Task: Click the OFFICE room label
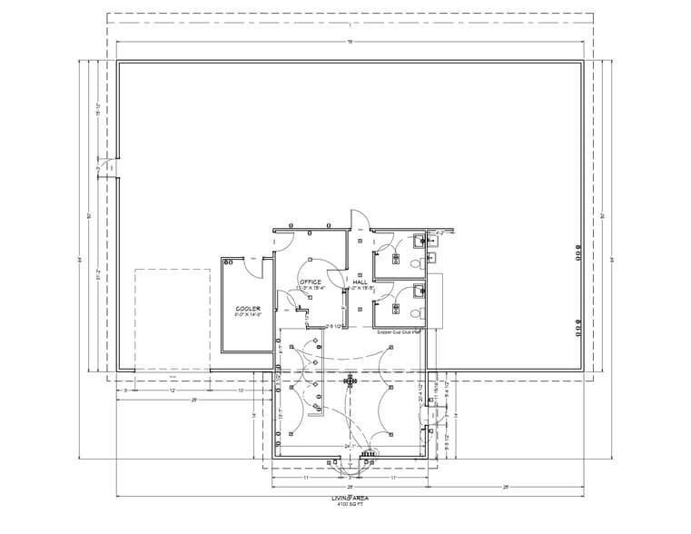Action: [311, 282]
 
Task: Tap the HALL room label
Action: [360, 282]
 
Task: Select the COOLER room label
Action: [248, 309]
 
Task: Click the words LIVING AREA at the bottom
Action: [350, 499]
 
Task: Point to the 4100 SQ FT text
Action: [350, 506]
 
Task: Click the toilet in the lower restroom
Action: [416, 312]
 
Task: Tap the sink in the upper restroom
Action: [419, 241]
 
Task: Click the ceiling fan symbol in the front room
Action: [350, 381]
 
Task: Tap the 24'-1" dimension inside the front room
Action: [350, 447]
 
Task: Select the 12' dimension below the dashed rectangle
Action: [172, 390]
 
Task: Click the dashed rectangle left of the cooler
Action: [172, 318]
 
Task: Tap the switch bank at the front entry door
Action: [367, 453]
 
